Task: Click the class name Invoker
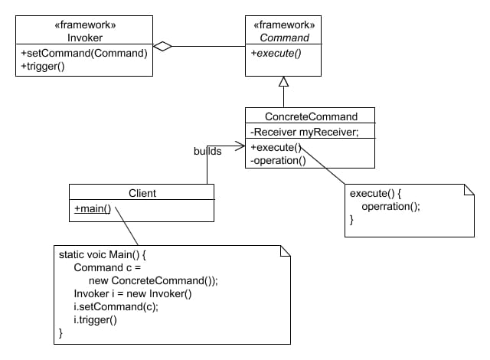[85, 37]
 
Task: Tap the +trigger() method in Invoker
[44, 67]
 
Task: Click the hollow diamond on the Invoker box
[162, 47]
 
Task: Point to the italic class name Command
[285, 37]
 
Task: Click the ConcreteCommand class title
[309, 116]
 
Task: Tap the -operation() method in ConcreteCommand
[278, 160]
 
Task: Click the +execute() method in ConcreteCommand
[275, 147]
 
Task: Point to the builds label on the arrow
[207, 151]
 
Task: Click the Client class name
[141, 193]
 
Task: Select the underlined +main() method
[93, 208]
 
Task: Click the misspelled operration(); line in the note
[390, 206]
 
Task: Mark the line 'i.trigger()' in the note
[95, 320]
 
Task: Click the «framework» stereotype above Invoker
[85, 25]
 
